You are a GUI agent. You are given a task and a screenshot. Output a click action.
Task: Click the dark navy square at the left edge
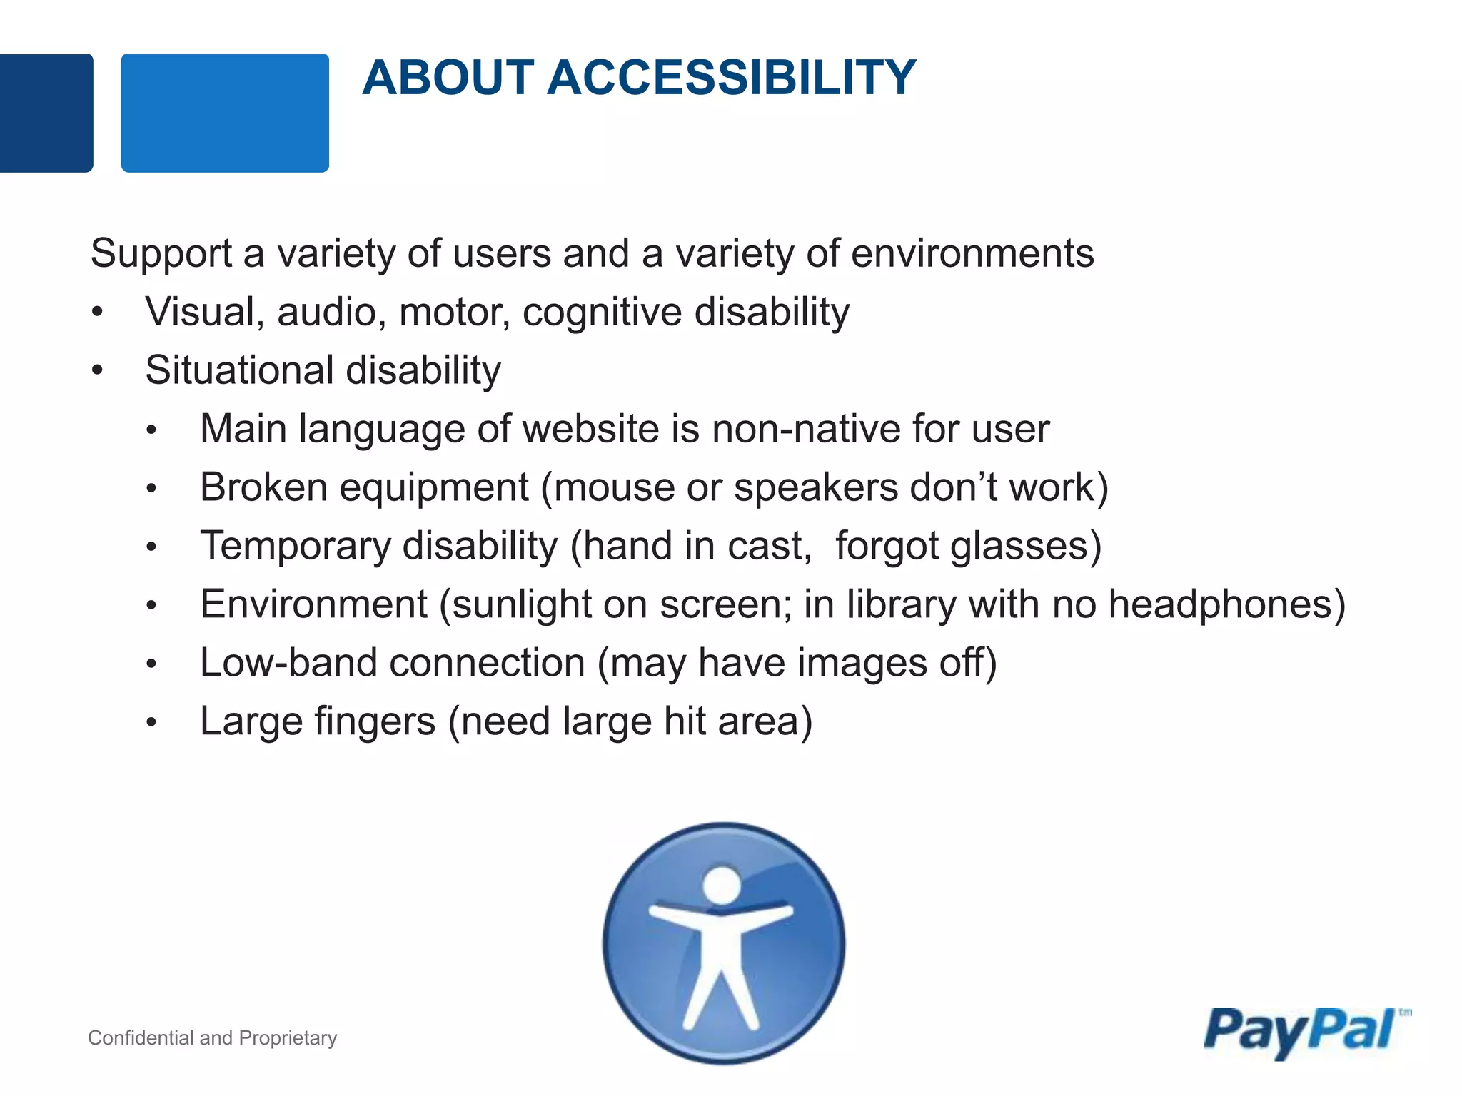45,113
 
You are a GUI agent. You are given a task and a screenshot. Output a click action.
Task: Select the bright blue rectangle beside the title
225,113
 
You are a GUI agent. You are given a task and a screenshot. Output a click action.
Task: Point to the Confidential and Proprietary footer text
212,1037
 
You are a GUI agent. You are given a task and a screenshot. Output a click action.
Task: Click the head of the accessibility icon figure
722,885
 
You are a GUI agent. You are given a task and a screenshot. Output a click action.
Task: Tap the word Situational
239,370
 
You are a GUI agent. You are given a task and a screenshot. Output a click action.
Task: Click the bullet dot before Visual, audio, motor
98,312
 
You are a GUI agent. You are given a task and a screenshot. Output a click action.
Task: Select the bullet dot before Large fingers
151,722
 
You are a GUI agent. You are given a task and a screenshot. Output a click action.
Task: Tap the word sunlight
522,605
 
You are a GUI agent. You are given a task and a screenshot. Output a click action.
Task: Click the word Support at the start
161,254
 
